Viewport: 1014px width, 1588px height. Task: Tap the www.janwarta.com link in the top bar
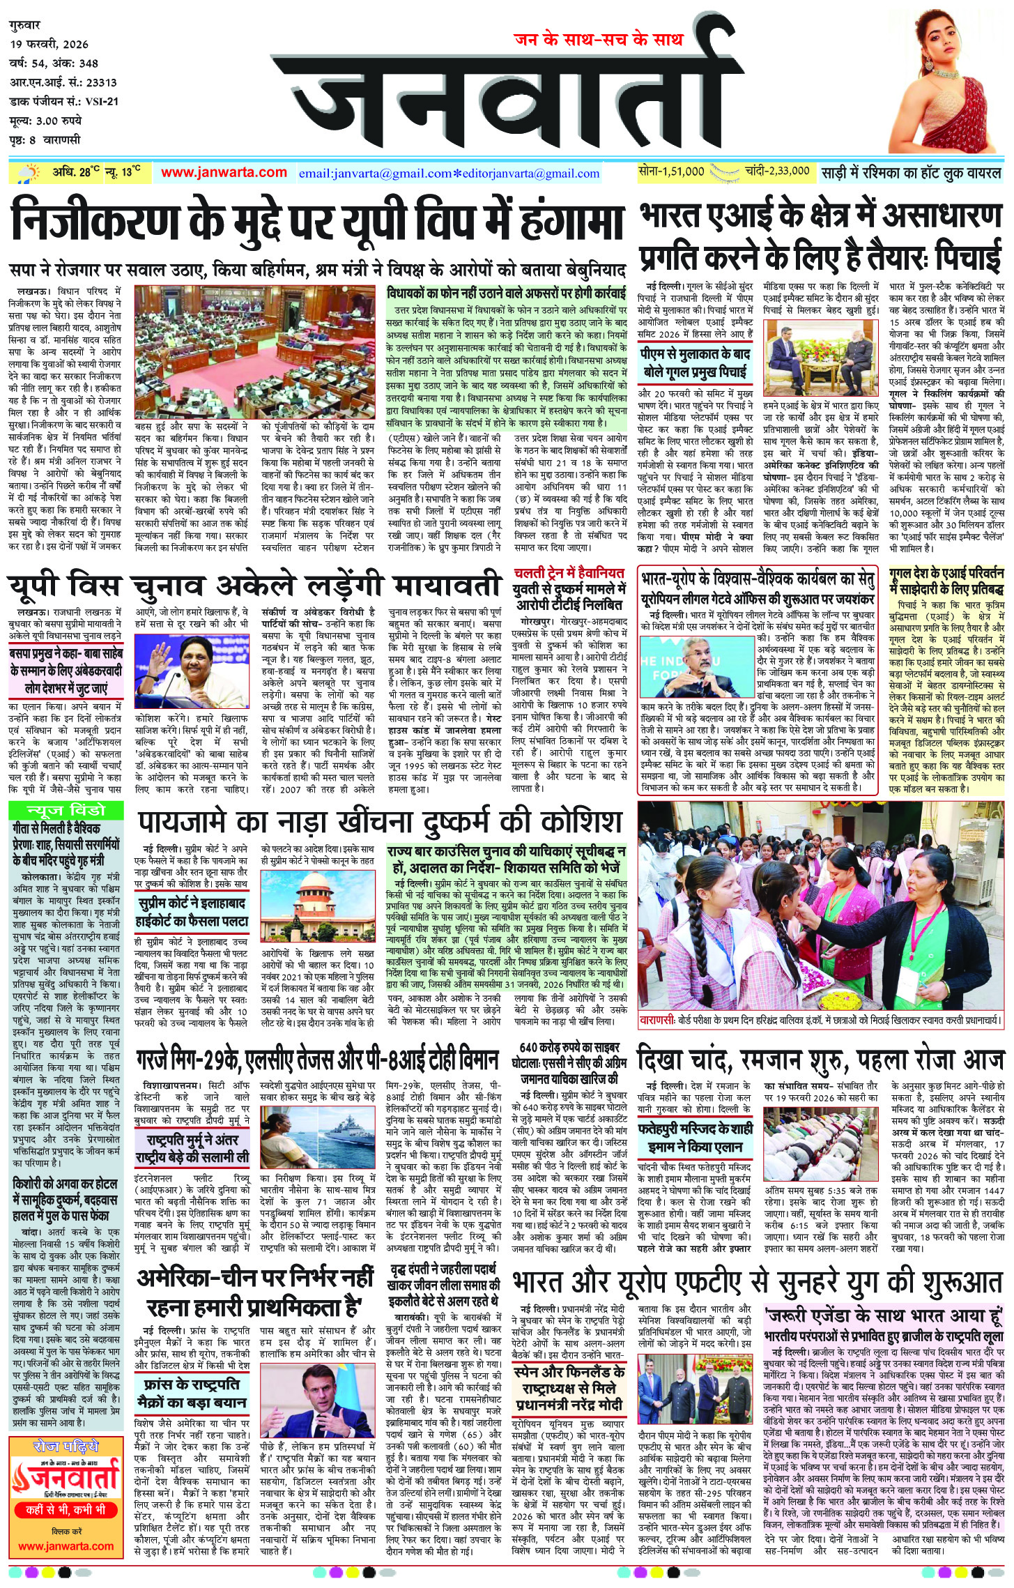pyautogui.click(x=224, y=172)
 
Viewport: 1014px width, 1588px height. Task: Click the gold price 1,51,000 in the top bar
pyautogui.click(x=671, y=171)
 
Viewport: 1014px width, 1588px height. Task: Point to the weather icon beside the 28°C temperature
pyautogui.click(x=31, y=172)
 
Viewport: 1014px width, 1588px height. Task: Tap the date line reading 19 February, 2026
pyautogui.click(x=49, y=44)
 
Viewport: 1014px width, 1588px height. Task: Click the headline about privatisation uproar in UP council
pyautogui.click(x=317, y=220)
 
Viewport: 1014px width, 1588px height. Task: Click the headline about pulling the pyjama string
pyautogui.click(x=380, y=823)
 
